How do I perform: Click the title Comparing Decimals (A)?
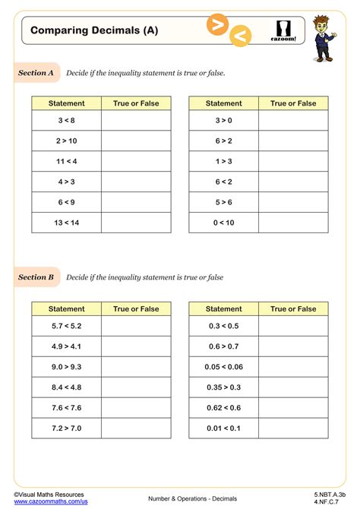click(84, 30)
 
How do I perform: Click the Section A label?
click(36, 73)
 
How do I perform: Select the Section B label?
click(36, 277)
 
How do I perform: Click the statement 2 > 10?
click(66, 141)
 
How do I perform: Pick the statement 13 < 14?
click(66, 222)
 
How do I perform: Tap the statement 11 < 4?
click(66, 161)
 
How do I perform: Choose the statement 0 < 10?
click(223, 222)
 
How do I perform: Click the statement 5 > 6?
click(223, 202)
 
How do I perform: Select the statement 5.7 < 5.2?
click(66, 326)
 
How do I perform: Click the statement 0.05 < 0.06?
click(223, 366)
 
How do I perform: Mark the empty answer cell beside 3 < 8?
click(136, 120)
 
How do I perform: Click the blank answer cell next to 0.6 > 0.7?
click(293, 346)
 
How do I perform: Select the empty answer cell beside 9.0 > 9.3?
click(136, 366)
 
